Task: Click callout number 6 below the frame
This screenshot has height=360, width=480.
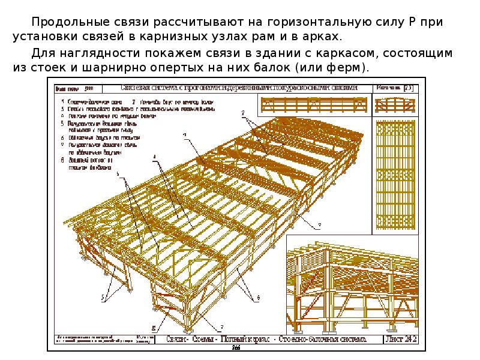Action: pos(258,297)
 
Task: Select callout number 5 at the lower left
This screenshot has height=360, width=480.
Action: pos(104,296)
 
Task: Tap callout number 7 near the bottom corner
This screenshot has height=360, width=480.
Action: pos(221,326)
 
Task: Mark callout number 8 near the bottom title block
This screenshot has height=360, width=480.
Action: pos(154,328)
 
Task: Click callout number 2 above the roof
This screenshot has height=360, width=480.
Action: pos(243,112)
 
